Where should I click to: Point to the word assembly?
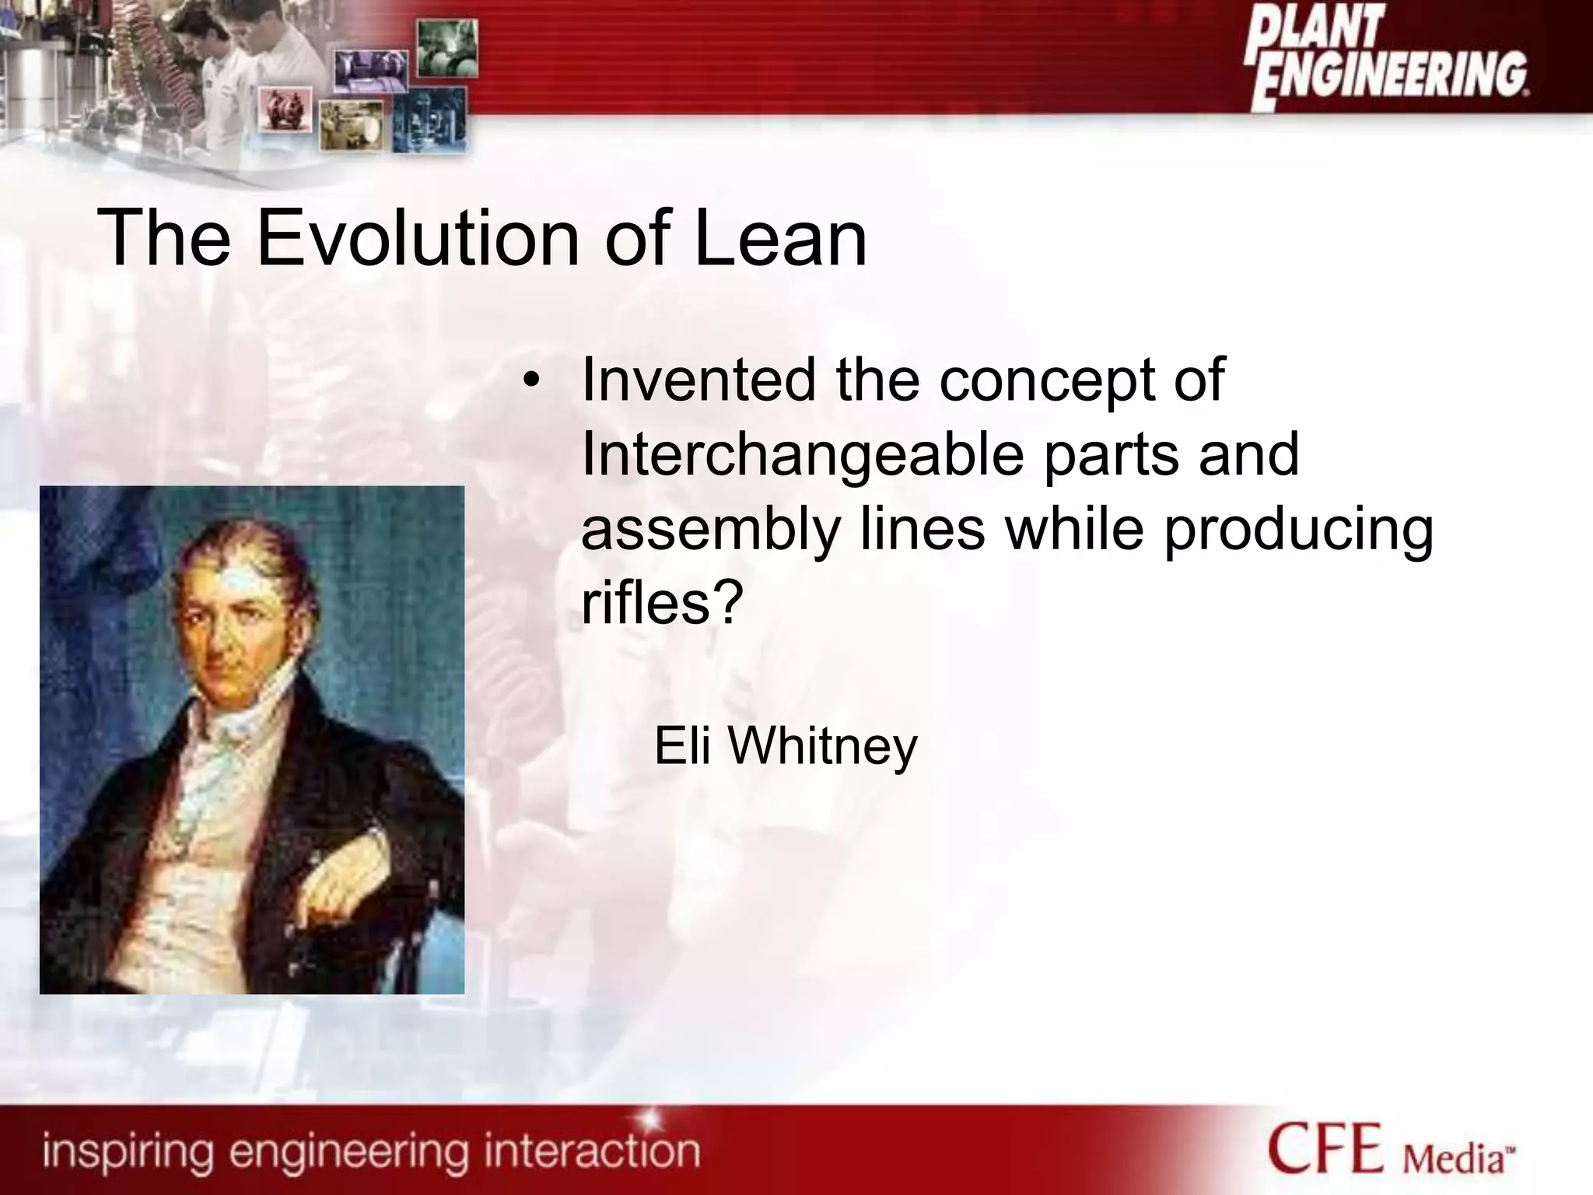pos(710,531)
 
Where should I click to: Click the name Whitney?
pos(822,746)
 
